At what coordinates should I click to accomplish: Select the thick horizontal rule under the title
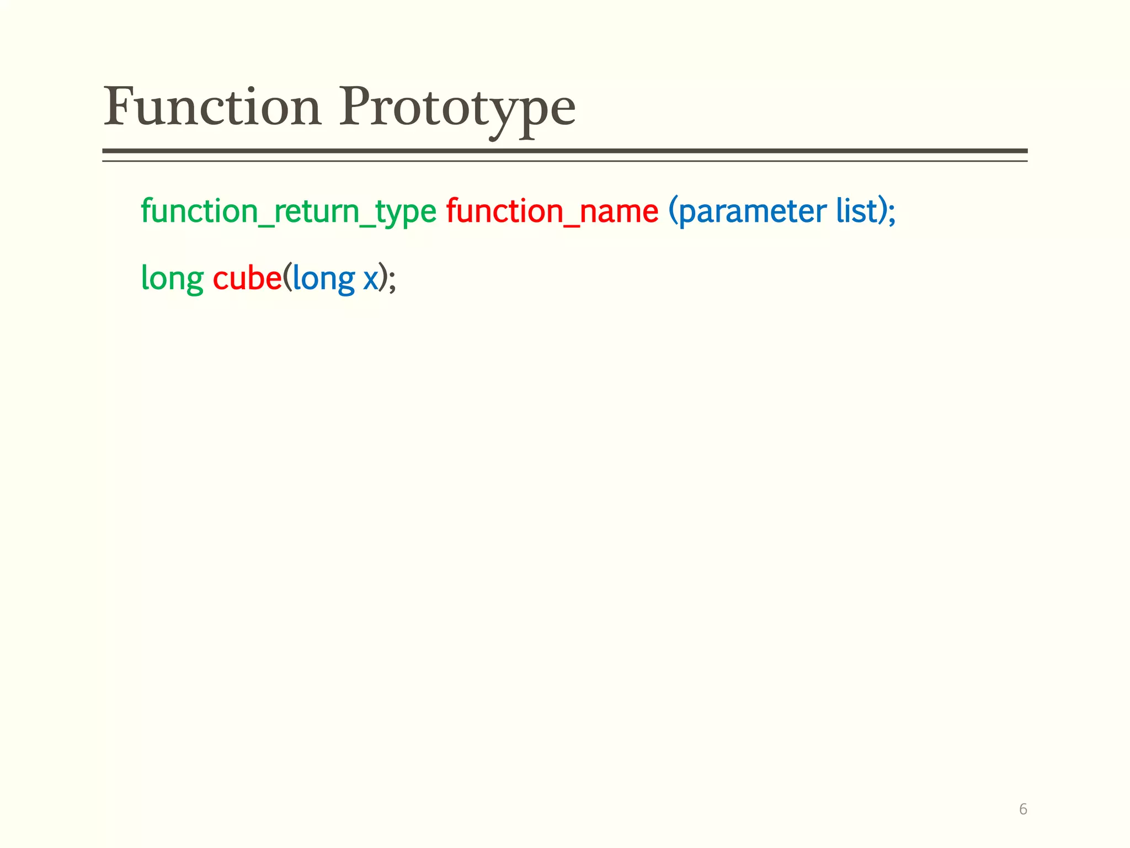pos(564,151)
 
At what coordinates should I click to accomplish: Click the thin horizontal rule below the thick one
pos(564,161)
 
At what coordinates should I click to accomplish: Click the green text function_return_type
pos(288,212)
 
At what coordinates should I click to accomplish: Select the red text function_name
pos(552,212)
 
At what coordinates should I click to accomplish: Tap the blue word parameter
pos(752,212)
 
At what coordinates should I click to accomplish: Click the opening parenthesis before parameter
pos(673,212)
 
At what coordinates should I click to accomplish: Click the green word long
pos(172,279)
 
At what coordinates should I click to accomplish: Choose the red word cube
pos(247,278)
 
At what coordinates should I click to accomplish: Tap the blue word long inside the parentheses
pos(323,279)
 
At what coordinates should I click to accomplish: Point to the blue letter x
pos(370,280)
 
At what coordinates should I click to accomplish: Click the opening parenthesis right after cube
pos(287,278)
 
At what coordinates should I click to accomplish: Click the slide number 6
pos(1022,809)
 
